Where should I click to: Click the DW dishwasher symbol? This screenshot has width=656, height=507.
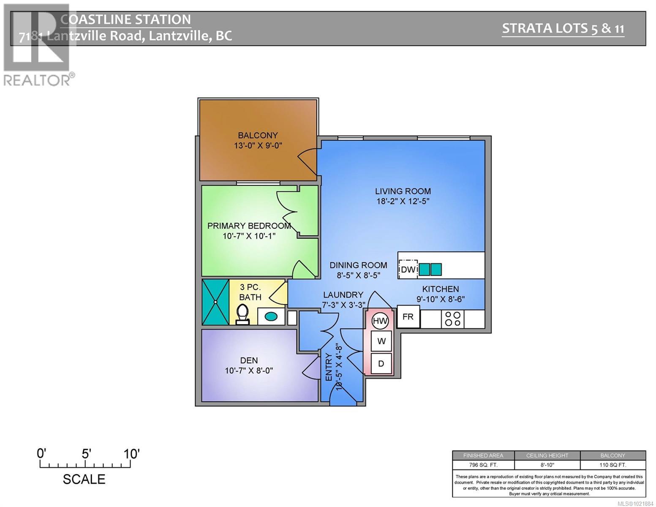408,269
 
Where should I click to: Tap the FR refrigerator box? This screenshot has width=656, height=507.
408,317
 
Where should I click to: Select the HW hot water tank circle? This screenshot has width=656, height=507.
380,321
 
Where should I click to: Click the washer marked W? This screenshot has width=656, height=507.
381,341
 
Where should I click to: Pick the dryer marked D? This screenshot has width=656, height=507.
381,363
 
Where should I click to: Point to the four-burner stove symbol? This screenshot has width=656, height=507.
452,319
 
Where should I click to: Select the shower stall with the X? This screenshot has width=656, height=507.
215,302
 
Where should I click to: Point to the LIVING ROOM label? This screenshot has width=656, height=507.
403,191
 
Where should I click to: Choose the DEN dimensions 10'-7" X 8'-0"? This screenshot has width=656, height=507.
249,371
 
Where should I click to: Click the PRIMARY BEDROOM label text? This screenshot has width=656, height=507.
249,226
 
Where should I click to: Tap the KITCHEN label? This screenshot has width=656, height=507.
441,289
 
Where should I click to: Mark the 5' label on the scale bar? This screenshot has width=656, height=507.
86,454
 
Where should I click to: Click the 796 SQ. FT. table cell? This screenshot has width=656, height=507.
483,465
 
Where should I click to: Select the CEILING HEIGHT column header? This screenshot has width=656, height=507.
547,455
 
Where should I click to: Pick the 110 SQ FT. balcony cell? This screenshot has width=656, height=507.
612,465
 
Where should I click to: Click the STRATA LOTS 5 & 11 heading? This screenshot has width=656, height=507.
563,28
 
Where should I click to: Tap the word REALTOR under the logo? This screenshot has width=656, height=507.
37,80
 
